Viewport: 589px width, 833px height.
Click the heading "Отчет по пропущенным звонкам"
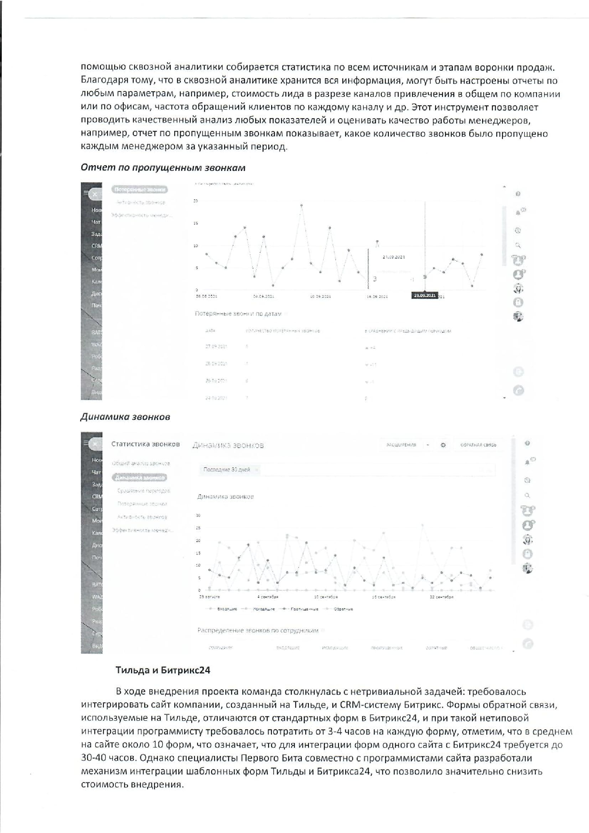(x=163, y=168)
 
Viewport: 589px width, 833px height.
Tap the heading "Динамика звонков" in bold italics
(x=125, y=417)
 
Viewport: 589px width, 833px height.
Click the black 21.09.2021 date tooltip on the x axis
(x=425, y=295)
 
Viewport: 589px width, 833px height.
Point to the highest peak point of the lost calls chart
(x=301, y=205)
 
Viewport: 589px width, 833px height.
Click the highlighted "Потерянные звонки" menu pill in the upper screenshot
(x=140, y=189)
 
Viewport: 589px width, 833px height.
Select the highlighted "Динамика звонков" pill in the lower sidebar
(x=140, y=478)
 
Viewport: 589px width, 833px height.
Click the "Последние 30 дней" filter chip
(x=227, y=469)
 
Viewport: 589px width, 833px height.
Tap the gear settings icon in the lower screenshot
(x=443, y=445)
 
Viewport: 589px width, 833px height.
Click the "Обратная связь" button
(x=478, y=445)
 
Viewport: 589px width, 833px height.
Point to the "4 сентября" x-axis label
(x=268, y=597)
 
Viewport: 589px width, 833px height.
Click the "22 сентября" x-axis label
(x=441, y=597)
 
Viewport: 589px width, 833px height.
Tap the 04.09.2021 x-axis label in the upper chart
(x=263, y=296)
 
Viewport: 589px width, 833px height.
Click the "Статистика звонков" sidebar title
(x=145, y=444)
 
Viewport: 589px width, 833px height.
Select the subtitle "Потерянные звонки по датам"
(x=238, y=313)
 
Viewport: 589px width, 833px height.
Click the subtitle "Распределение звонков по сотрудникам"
(x=258, y=630)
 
